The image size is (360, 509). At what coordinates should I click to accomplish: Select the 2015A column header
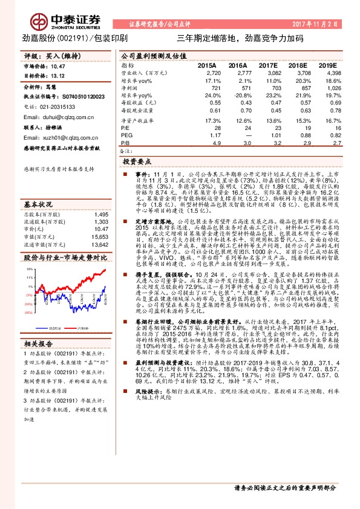coord(207,64)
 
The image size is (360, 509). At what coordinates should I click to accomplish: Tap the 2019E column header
coord(327,64)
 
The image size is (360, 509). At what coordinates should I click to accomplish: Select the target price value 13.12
coord(57,76)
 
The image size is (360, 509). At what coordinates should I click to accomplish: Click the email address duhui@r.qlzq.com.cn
coord(63,116)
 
